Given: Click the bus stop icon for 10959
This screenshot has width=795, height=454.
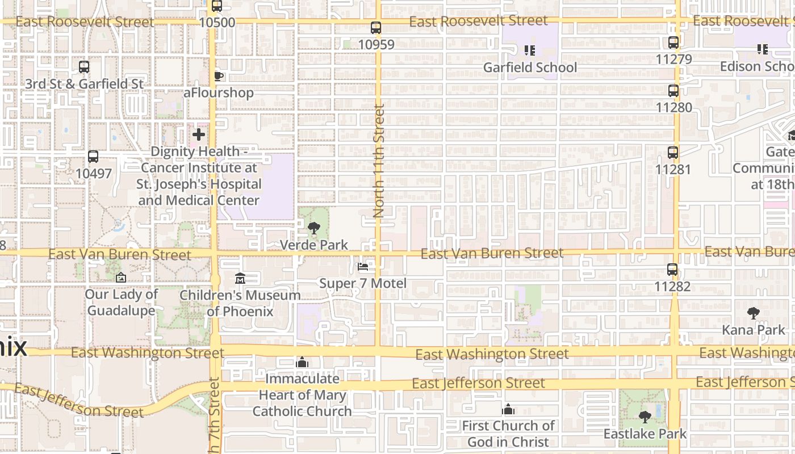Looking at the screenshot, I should pyautogui.click(x=375, y=27).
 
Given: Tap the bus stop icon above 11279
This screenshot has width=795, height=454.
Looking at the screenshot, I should pyautogui.click(x=673, y=43).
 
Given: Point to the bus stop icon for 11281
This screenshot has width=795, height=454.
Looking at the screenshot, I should pyautogui.click(x=673, y=153).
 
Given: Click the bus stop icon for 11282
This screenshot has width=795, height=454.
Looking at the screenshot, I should pyautogui.click(x=672, y=270).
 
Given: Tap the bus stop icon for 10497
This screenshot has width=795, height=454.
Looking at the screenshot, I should pyautogui.click(x=93, y=157).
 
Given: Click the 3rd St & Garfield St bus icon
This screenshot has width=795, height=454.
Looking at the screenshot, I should pyautogui.click(x=84, y=67).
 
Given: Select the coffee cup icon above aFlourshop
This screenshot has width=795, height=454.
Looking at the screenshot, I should pyautogui.click(x=218, y=76).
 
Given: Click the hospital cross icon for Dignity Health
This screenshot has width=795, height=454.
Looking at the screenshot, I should pyautogui.click(x=198, y=134).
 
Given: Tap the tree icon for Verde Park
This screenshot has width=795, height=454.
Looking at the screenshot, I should pyautogui.click(x=313, y=228).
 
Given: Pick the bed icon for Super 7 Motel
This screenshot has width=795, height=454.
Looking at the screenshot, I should pyautogui.click(x=363, y=267).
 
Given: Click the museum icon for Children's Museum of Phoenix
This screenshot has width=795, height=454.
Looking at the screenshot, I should pyautogui.click(x=240, y=279).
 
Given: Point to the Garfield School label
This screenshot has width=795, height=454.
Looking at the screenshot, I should pyautogui.click(x=530, y=68).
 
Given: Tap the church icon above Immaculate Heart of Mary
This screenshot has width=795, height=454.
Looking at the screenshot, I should pyautogui.click(x=302, y=362).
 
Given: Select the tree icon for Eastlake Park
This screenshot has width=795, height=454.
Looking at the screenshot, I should pyautogui.click(x=645, y=417).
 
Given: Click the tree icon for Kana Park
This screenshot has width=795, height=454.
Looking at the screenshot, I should pyautogui.click(x=753, y=313).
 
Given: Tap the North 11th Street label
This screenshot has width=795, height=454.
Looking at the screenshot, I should pyautogui.click(x=379, y=161).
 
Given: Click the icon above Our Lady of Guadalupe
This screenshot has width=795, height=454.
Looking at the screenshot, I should pyautogui.click(x=120, y=278).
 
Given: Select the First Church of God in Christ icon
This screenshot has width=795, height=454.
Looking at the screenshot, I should pyautogui.click(x=508, y=409).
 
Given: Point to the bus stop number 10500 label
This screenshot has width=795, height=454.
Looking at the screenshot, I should pyautogui.click(x=217, y=23).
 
